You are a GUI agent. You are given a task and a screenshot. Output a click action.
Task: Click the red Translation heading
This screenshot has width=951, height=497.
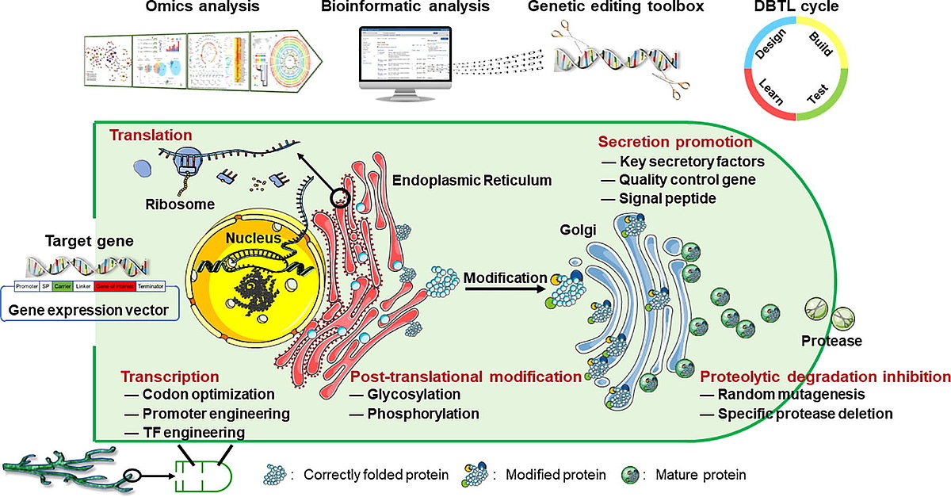click(x=140, y=136)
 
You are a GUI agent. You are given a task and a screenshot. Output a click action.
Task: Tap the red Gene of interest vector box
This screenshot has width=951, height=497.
click(x=114, y=289)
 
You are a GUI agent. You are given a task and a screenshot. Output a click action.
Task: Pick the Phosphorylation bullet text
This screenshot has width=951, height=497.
click(x=424, y=413)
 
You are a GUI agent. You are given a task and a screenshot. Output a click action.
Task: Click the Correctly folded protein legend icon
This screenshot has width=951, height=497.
click(x=277, y=475)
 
